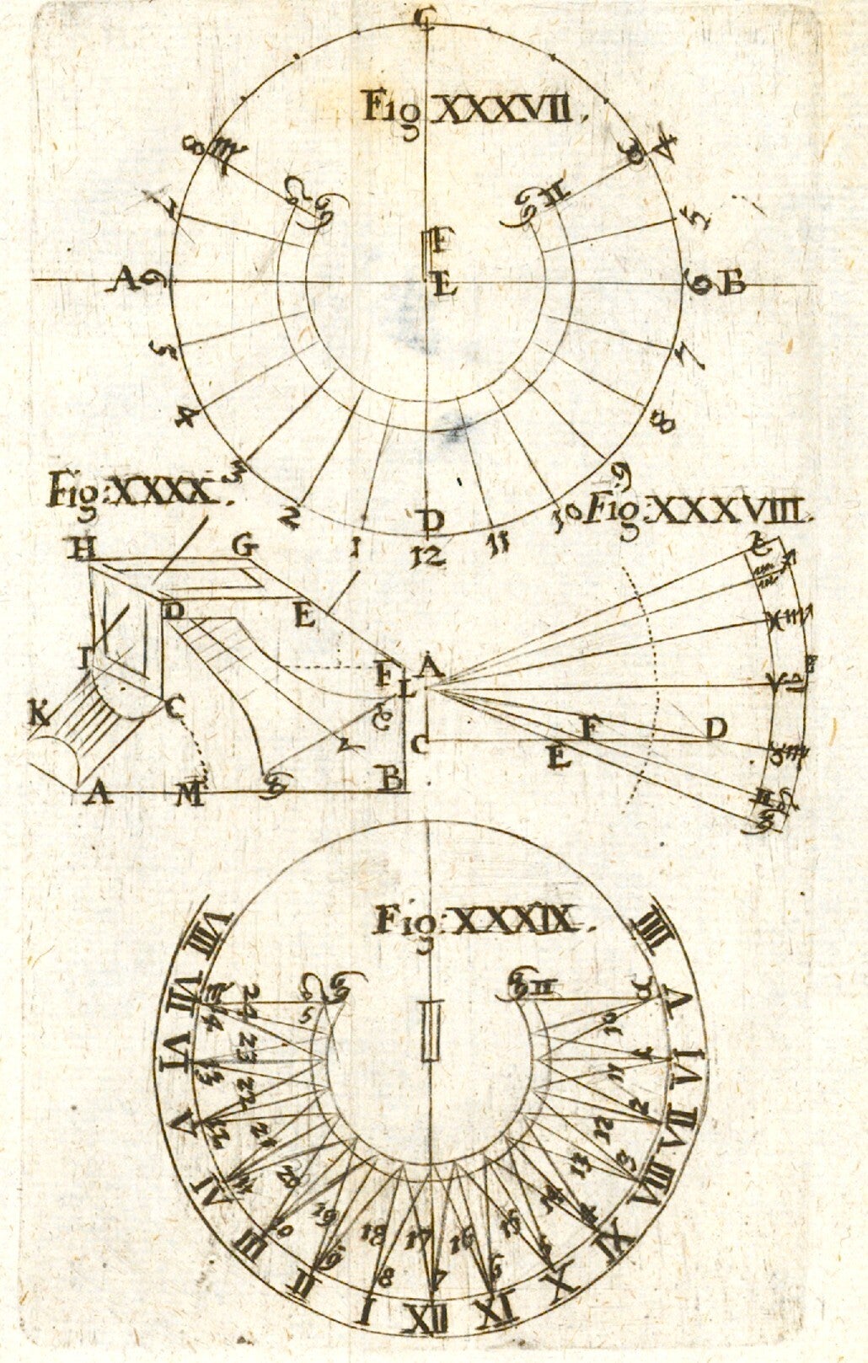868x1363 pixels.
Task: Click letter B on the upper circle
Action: pyautogui.click(x=733, y=284)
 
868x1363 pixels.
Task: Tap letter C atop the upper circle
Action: pyautogui.click(x=426, y=13)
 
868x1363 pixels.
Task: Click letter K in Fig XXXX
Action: pyautogui.click(x=38, y=715)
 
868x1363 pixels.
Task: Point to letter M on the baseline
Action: pyautogui.click(x=191, y=794)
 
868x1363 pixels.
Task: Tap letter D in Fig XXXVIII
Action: pyautogui.click(x=715, y=729)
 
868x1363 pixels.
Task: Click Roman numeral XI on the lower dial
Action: pyautogui.click(x=497, y=1311)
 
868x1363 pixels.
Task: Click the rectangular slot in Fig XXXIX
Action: pyautogui.click(x=432, y=1030)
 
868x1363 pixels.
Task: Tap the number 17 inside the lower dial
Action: pyautogui.click(x=417, y=1238)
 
